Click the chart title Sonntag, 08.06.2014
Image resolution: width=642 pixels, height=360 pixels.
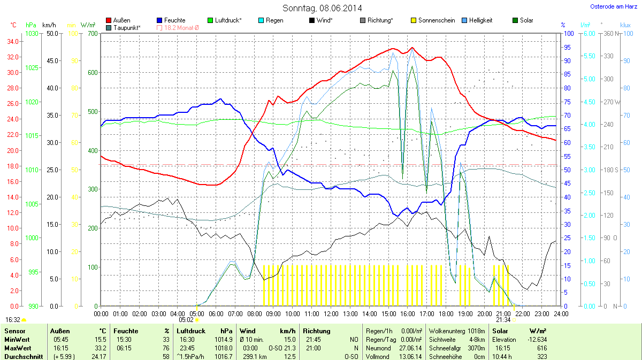pyautogui.click(x=322, y=8)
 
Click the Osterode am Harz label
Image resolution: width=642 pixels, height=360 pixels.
pyautogui.click(x=613, y=6)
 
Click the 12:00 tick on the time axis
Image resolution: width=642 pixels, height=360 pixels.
pyautogui.click(x=331, y=313)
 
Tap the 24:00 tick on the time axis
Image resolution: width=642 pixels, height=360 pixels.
pyautogui.click(x=558, y=313)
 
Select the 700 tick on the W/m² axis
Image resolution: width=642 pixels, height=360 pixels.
pyautogui.click(x=93, y=34)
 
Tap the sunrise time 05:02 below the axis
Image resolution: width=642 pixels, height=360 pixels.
pyautogui.click(x=194, y=320)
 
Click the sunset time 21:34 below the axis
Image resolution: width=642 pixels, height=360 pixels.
pyautogui.click(x=503, y=320)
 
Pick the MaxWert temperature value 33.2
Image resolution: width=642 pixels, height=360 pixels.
pyautogui.click(x=101, y=348)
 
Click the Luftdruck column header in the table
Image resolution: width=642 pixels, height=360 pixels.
pyautogui.click(x=190, y=331)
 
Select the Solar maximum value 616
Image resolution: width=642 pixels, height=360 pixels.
pyautogui.click(x=541, y=348)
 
